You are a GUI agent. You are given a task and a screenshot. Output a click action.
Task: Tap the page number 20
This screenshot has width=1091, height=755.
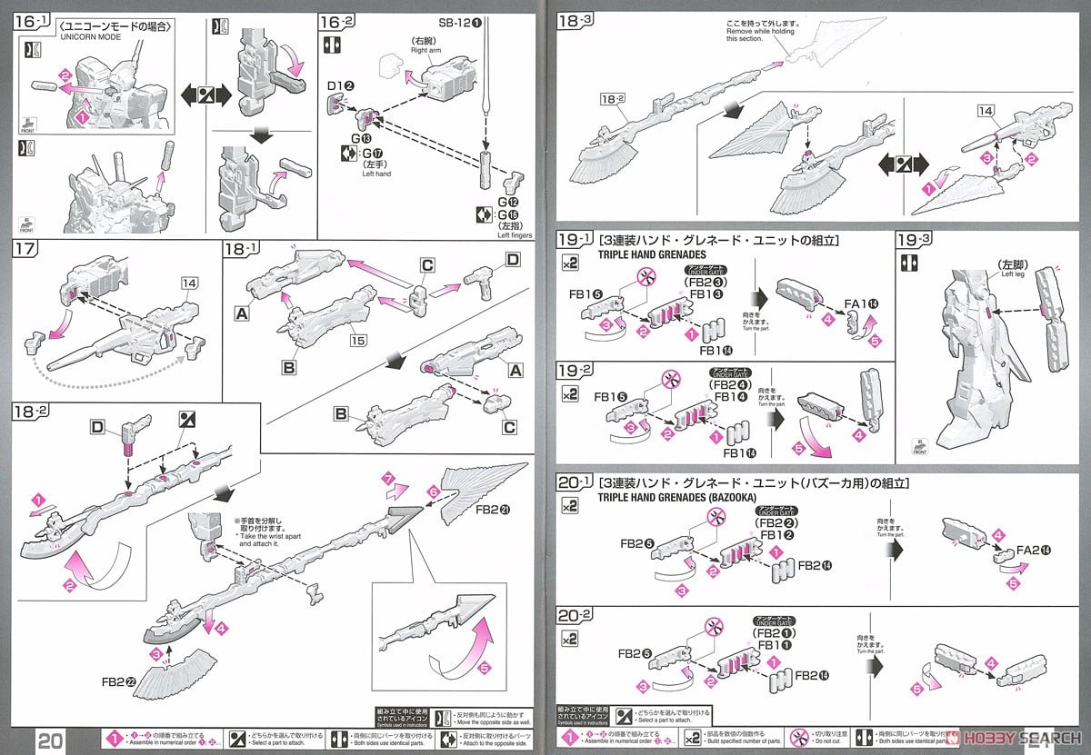coord(51,740)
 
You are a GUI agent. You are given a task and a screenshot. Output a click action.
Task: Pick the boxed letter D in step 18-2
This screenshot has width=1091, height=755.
coord(98,426)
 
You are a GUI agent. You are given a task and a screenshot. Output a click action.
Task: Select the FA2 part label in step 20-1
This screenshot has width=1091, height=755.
coord(1034,550)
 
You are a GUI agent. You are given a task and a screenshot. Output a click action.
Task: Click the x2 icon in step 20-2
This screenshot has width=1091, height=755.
coord(569,640)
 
